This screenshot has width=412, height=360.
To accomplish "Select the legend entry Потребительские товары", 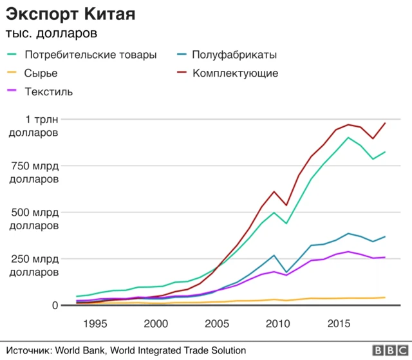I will click(x=90, y=55).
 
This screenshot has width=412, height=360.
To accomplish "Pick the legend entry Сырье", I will click(x=41, y=73).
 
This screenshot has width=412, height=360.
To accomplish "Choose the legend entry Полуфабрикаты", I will click(x=234, y=55).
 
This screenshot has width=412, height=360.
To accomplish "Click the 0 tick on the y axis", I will click(x=55, y=305).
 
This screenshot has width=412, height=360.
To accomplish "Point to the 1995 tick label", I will click(x=95, y=323).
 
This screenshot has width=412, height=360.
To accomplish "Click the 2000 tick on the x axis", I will click(x=156, y=323).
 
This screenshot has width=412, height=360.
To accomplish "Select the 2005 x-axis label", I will click(x=216, y=323).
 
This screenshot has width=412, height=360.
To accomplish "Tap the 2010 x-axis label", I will click(x=277, y=323).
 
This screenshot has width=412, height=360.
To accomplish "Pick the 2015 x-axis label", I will click(x=338, y=323).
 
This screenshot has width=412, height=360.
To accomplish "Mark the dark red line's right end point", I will click(x=385, y=123).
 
